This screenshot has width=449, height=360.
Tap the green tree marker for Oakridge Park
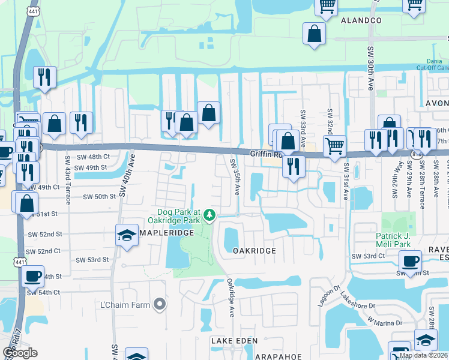pyautogui.click(x=209, y=214)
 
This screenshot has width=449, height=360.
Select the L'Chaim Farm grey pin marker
pyautogui.click(x=159, y=305)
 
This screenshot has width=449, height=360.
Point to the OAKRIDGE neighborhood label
pyautogui.click(x=254, y=251)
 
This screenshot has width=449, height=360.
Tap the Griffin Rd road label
pyautogui.click(x=266, y=154)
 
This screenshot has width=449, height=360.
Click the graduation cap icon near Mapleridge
pyautogui.click(x=127, y=236)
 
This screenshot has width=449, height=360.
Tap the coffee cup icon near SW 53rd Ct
pyautogui.click(x=411, y=261)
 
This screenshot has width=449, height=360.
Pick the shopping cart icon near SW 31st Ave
pyautogui.click(x=334, y=145)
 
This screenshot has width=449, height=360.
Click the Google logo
pyautogui.click(x=20, y=353)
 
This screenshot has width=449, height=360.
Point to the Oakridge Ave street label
pyautogui.click(x=230, y=298)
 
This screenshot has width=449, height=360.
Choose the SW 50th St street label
pyautogui.click(x=99, y=196)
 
